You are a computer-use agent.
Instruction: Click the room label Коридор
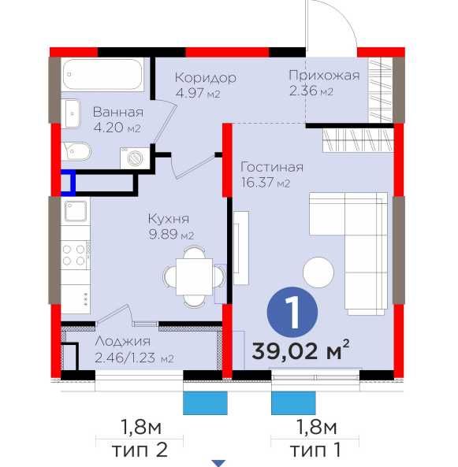click(x=205, y=78)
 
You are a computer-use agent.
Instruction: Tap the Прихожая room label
click(x=324, y=76)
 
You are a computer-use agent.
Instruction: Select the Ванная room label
click(x=118, y=113)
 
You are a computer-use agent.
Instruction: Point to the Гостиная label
click(x=272, y=167)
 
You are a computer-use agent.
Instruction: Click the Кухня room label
click(x=169, y=219)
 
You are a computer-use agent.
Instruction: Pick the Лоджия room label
click(x=122, y=341)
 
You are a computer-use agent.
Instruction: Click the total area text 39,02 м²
click(x=300, y=350)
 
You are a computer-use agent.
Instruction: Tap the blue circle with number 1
click(x=292, y=312)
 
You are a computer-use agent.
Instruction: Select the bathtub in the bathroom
click(x=102, y=74)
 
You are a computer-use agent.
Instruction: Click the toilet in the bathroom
click(x=76, y=151)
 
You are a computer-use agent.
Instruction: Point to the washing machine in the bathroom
click(x=135, y=158)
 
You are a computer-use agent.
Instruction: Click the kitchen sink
click(x=76, y=211)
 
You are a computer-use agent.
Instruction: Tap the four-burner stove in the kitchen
click(x=76, y=254)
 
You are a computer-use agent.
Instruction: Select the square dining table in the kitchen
click(x=194, y=276)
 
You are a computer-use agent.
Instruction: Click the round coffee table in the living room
click(x=318, y=272)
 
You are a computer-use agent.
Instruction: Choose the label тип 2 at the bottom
click(x=140, y=450)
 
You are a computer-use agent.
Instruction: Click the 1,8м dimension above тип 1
click(x=316, y=427)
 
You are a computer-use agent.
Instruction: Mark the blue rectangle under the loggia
click(x=205, y=403)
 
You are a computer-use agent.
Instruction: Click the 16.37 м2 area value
click(x=265, y=183)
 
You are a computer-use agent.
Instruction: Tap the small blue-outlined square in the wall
click(x=68, y=183)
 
